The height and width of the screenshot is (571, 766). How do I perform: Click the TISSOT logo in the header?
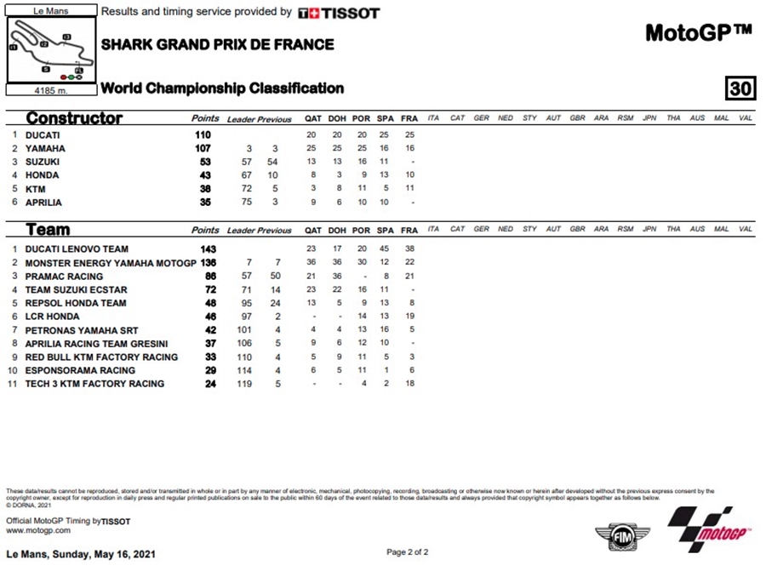click(339, 13)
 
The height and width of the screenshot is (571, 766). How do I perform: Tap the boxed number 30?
click(740, 89)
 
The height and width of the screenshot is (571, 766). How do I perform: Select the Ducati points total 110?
click(202, 134)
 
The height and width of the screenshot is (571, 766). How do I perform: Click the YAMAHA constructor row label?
click(46, 148)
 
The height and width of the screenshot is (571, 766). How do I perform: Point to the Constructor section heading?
click(74, 118)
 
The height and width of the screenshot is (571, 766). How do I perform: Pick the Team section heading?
click(48, 229)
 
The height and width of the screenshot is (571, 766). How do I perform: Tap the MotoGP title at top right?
click(698, 32)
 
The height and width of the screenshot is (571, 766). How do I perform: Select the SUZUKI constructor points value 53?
click(203, 162)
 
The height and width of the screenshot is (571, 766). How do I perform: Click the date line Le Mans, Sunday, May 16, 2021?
click(81, 553)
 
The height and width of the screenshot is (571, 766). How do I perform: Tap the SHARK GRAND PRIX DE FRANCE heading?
click(217, 44)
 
